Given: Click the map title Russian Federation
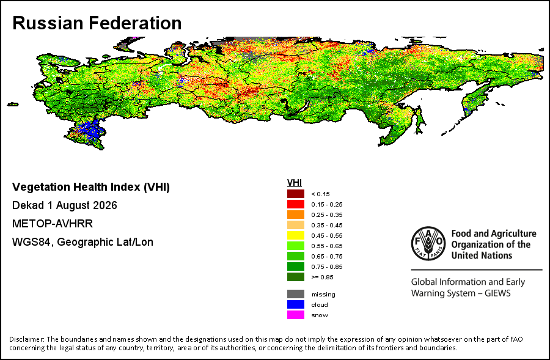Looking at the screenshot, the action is coord(97,23).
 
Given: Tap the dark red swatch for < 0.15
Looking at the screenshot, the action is coord(296,194).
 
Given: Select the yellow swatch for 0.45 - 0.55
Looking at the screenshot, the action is coord(296,235).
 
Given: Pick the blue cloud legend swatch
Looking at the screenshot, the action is coord(296,304).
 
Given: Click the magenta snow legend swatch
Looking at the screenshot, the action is coord(296,315).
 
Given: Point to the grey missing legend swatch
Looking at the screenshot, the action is coord(296,294).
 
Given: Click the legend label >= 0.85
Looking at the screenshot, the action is coord(322,277).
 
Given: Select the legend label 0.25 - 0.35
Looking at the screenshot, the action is coord(327,215).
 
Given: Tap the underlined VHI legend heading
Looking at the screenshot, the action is coord(295,183).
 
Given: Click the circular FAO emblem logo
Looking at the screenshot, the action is coord(428,243).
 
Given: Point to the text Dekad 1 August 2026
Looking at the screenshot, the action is coord(65,205).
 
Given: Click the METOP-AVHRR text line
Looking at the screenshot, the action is coord(53,224).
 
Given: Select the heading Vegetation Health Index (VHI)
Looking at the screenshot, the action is coord(91,187).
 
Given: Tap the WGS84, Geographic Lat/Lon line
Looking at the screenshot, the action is coord(82,242).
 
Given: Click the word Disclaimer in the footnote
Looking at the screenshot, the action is coord(26,339).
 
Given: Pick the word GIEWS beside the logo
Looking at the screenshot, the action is coord(497,293).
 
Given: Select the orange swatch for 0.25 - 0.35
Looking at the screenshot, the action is coord(296,215).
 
